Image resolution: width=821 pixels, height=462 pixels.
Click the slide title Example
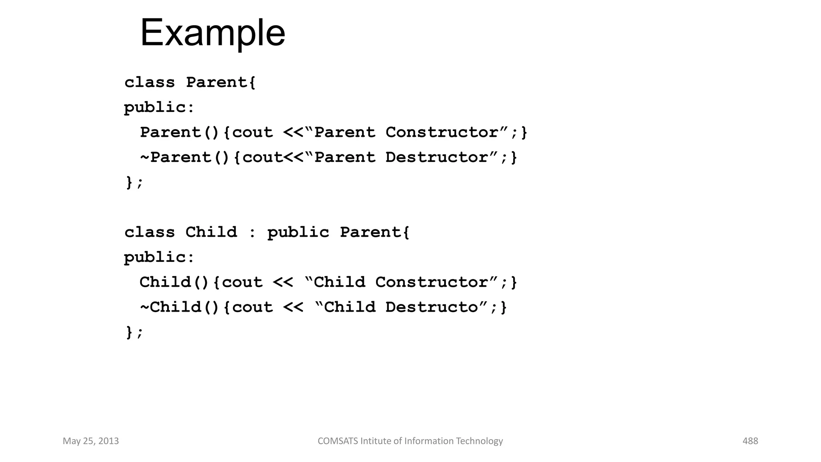tap(212, 33)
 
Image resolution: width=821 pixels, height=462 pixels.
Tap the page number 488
tap(750, 441)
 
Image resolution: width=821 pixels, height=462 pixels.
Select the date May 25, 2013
tap(91, 441)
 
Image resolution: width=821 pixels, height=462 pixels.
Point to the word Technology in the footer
tap(479, 441)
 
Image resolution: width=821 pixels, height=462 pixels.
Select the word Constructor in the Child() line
tap(431, 282)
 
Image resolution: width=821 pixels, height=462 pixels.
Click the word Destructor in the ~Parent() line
tap(437, 157)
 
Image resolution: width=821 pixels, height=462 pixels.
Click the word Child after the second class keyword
tap(211, 232)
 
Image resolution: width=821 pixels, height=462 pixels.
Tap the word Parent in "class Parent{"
tap(217, 83)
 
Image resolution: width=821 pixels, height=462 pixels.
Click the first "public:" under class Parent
tap(159, 107)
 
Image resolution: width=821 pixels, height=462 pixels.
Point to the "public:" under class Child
tap(159, 257)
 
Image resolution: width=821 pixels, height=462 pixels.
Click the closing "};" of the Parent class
tap(134, 182)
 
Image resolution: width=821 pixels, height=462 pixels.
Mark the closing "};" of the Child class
tap(134, 332)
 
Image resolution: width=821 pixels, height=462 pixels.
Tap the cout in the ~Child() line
tap(252, 307)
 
